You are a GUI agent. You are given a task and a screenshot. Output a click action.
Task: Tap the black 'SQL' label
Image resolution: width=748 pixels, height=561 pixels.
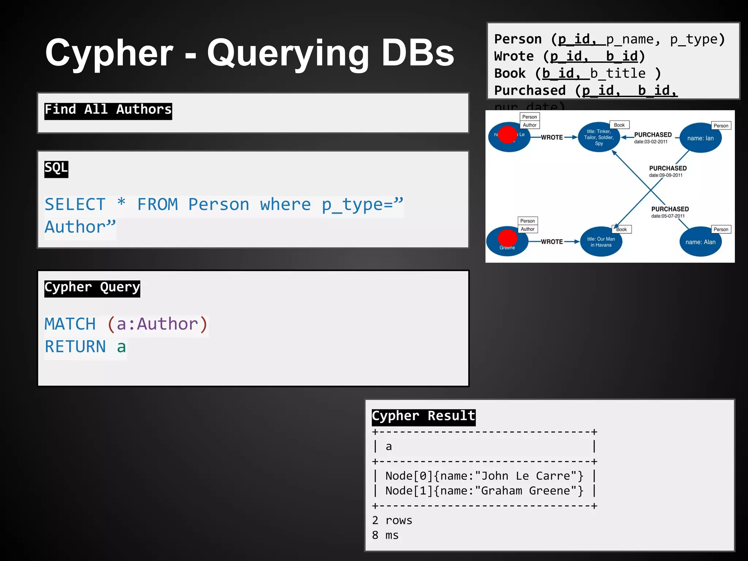point(56,169)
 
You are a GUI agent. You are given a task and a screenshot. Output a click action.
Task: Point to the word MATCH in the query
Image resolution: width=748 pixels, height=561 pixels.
point(70,324)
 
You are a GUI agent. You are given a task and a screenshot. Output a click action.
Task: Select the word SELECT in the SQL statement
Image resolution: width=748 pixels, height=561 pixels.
point(75,205)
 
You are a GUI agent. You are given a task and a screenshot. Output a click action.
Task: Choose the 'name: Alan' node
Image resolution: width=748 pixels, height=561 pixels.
point(700,242)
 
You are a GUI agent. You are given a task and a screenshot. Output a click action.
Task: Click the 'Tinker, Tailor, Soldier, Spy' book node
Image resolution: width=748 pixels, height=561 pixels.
point(599,138)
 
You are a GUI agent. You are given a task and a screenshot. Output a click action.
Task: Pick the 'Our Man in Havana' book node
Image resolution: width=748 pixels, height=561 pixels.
point(601,242)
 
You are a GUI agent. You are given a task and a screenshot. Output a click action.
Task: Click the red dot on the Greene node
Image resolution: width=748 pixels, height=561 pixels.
point(507,238)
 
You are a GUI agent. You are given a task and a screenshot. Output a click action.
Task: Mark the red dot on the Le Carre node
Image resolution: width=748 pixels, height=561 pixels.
point(508,134)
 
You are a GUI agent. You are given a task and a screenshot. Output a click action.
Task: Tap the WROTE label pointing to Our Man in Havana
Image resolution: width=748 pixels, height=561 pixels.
point(552,242)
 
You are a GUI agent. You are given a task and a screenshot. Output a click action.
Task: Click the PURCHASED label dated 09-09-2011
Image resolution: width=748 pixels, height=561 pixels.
point(668,168)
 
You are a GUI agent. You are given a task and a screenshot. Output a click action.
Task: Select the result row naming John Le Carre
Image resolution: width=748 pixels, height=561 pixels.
point(484,476)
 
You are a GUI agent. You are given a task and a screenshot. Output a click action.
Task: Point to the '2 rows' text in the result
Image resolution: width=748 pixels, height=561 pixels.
point(392,520)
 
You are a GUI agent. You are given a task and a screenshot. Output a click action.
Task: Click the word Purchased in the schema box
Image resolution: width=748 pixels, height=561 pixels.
point(530,91)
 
